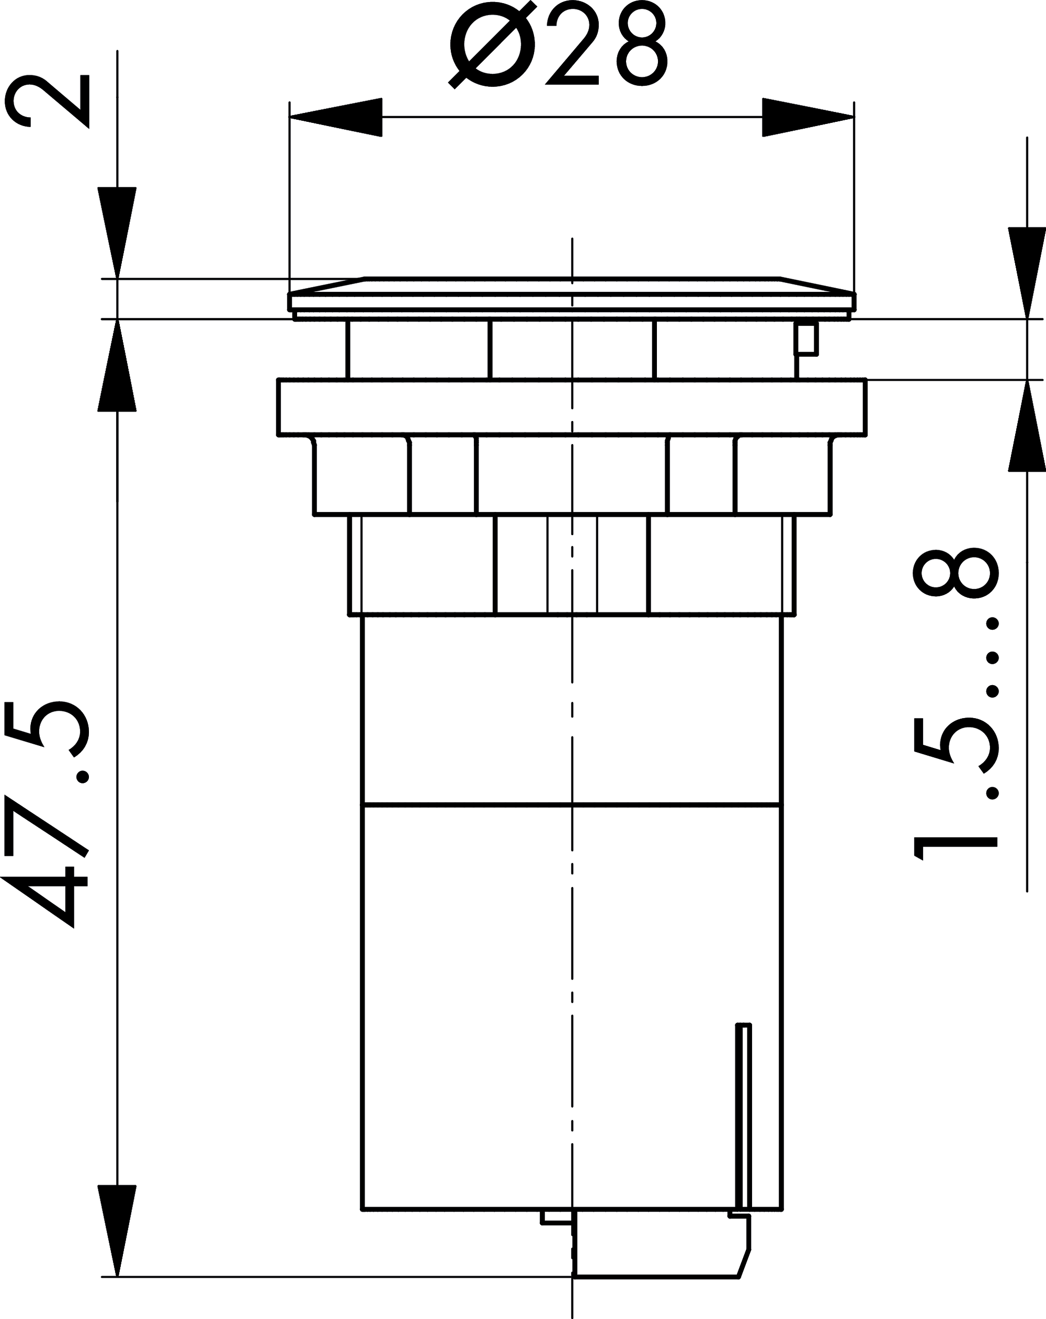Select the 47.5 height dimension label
click(46, 814)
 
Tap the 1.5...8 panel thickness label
click(956, 703)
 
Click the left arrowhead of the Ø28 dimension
click(336, 117)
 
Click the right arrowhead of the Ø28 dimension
click(808, 117)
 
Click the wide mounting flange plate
click(572, 407)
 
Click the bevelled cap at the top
click(572, 293)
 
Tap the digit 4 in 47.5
click(46, 896)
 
